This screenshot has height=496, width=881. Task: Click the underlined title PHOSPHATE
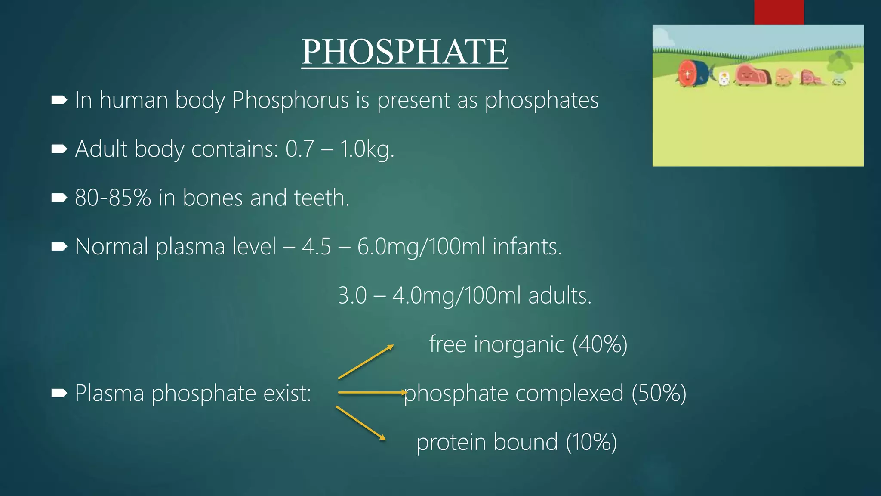(404, 52)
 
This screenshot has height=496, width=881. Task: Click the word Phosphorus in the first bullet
(290, 100)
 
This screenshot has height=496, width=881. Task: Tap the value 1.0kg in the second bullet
(367, 149)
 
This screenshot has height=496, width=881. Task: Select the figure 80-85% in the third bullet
(113, 198)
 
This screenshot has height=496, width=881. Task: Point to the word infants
(527, 247)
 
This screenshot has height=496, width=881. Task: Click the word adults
(560, 296)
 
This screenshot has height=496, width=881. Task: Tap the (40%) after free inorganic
(600, 344)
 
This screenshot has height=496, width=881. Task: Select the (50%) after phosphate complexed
(659, 393)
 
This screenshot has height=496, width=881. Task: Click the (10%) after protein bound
(591, 442)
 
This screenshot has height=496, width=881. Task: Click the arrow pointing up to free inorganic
(366, 362)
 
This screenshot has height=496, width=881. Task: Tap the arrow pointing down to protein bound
(360, 423)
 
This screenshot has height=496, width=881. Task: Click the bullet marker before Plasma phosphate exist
(59, 393)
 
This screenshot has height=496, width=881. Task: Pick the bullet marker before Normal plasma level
(59, 247)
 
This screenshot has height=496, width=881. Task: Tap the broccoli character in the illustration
(839, 67)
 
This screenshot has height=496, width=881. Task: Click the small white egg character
(724, 79)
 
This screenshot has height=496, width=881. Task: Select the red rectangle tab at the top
(779, 12)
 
